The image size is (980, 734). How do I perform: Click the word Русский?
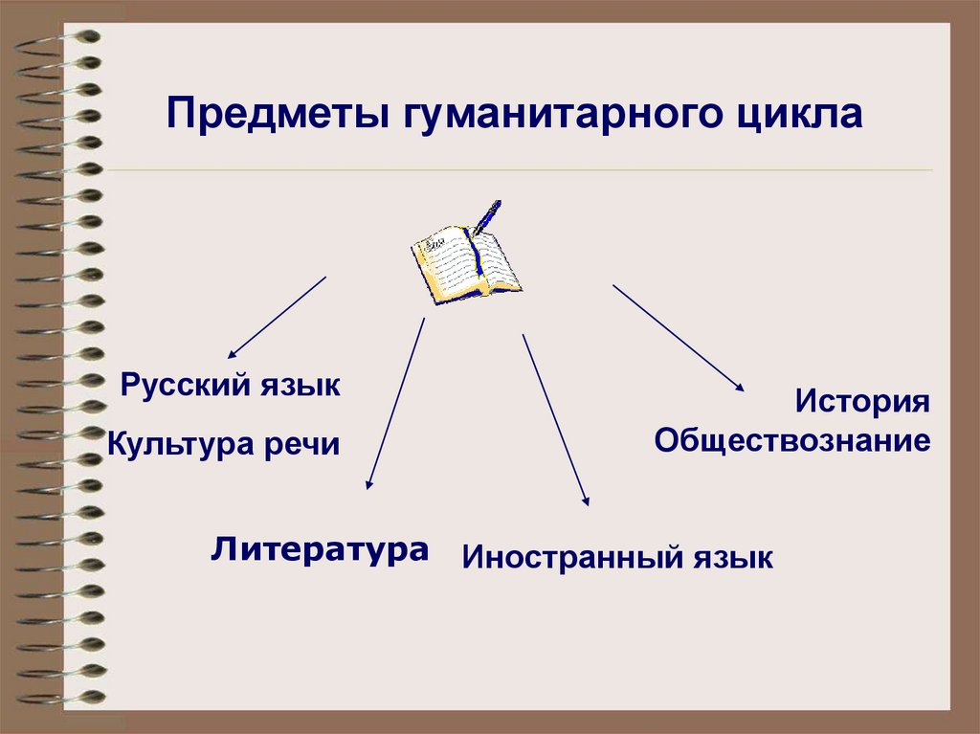point(186,387)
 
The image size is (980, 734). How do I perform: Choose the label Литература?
point(320,550)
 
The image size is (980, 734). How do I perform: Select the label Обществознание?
point(792,441)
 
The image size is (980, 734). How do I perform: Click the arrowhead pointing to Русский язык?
point(232,353)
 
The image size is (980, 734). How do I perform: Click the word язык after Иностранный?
point(733,557)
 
